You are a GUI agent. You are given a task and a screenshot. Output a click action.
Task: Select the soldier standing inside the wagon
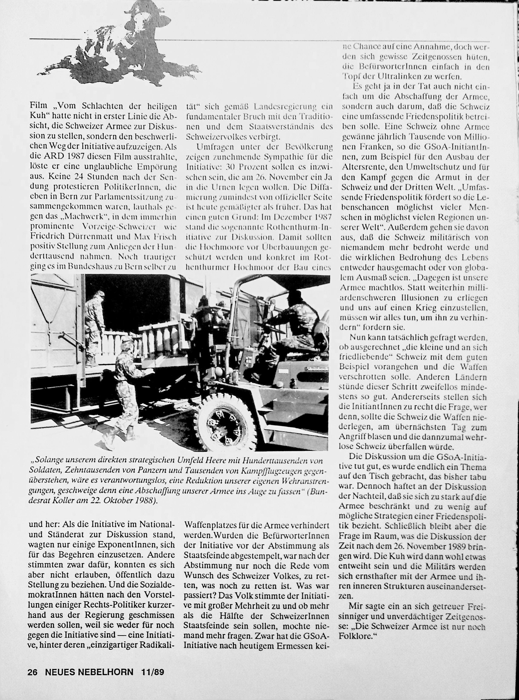pos(94,324)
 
